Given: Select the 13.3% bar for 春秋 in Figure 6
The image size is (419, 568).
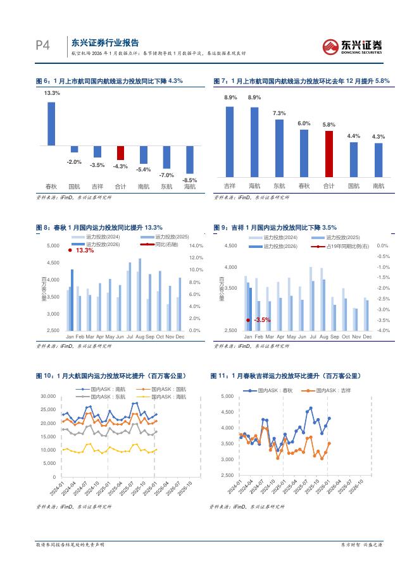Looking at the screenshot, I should point(51,124).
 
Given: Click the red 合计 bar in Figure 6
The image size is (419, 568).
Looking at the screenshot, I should point(120,153).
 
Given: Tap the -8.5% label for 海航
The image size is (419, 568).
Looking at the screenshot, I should point(190,180).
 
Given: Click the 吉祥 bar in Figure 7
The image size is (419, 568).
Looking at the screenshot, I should point(230,141).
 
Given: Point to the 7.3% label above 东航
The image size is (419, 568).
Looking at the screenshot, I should point(279,113).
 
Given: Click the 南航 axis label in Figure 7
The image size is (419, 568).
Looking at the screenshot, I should point(378,186).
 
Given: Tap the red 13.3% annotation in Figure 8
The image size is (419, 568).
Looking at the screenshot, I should point(84,250).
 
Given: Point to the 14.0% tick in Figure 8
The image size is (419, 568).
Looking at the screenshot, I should point(196,245).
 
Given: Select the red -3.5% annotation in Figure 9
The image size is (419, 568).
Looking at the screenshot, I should point(261,320).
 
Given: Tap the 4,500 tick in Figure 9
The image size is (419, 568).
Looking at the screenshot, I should point(230,245).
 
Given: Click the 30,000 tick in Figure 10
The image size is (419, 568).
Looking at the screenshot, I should point(47,397).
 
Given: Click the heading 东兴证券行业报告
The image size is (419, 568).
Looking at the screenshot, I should point(105,42).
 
